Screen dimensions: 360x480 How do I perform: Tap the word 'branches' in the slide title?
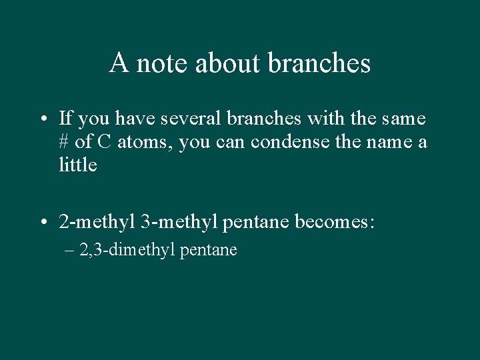pyautogui.click(x=319, y=63)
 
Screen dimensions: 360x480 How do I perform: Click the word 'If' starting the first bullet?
pyautogui.click(x=65, y=119)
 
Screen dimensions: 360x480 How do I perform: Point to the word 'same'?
pyautogui.click(x=403, y=119)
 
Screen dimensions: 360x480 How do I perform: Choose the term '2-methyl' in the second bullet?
pyautogui.click(x=96, y=221)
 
